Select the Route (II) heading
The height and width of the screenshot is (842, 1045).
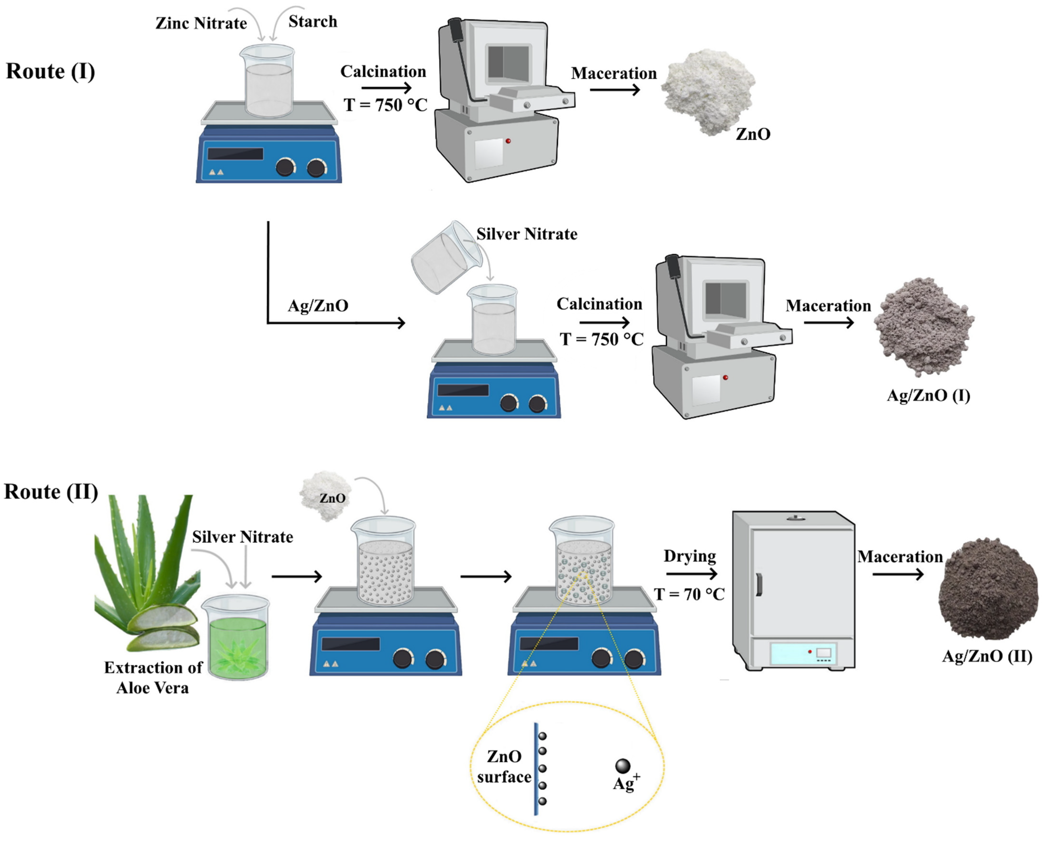pyautogui.click(x=51, y=492)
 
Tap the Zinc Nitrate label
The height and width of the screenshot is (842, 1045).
pyautogui.click(x=201, y=23)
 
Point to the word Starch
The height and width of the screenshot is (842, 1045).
pyautogui.click(x=313, y=22)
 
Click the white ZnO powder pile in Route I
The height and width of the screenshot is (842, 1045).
pyautogui.click(x=706, y=90)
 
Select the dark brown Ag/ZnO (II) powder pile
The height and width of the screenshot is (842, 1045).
pyautogui.click(x=988, y=589)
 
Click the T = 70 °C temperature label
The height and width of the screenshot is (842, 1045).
pyautogui.click(x=689, y=594)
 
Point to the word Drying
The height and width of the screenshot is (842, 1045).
pyautogui.click(x=690, y=556)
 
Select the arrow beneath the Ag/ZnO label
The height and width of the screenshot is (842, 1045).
pyautogui.click(x=379, y=323)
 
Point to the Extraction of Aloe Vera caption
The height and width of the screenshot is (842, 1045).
pyautogui.click(x=153, y=678)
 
